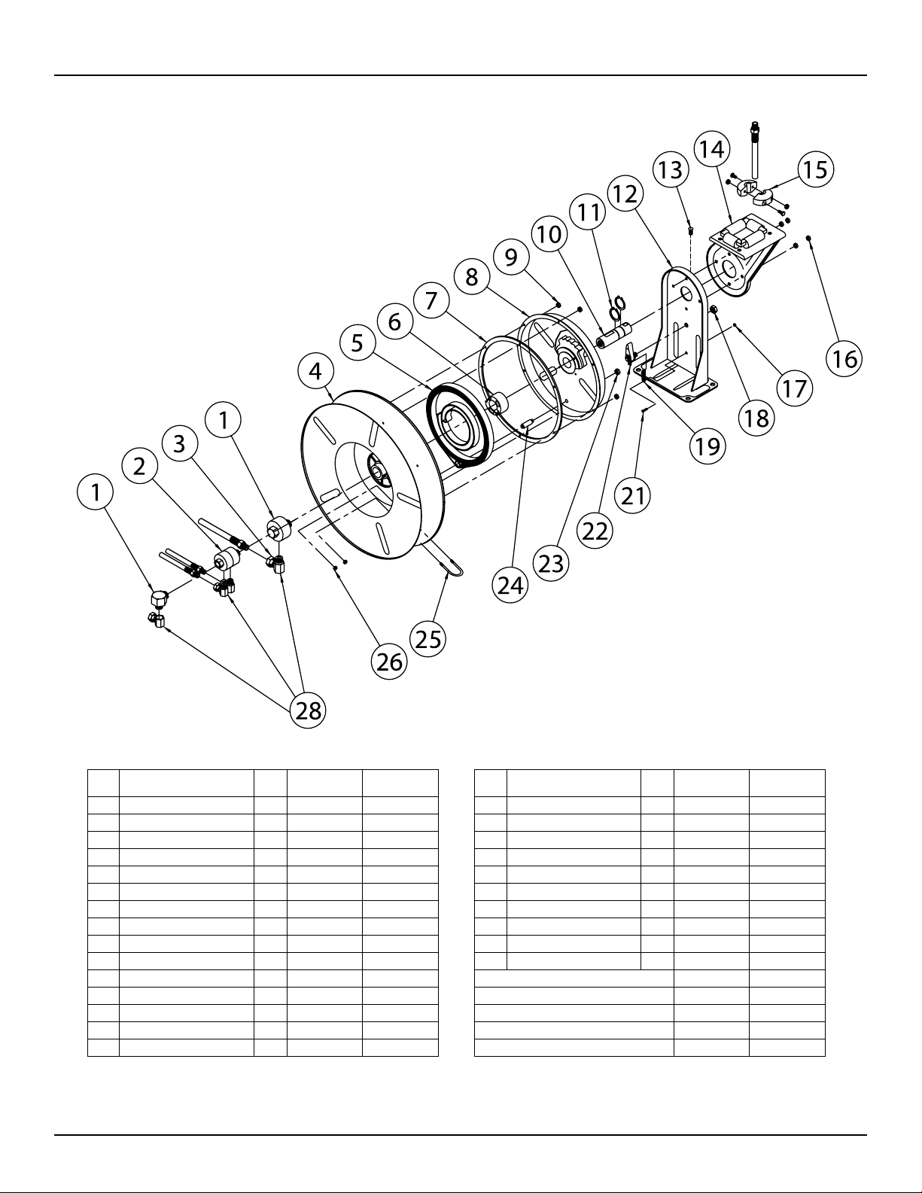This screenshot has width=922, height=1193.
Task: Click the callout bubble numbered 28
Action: [x=309, y=710]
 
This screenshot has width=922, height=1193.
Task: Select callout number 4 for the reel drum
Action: [x=315, y=371]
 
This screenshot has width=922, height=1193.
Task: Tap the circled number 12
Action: [x=625, y=194]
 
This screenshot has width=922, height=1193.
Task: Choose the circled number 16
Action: [x=844, y=359]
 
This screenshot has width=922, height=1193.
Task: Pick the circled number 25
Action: [x=428, y=639]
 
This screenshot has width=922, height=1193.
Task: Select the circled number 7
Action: [x=431, y=300]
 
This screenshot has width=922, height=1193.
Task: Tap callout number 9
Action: [x=511, y=257]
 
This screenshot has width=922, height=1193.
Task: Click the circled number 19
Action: [x=707, y=446]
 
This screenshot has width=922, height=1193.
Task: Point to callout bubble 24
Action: [x=511, y=585]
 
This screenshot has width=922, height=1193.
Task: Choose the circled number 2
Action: [x=139, y=467]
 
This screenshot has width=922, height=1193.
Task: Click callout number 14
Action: [x=711, y=149]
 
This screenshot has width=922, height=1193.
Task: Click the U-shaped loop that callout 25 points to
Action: [x=452, y=567]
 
